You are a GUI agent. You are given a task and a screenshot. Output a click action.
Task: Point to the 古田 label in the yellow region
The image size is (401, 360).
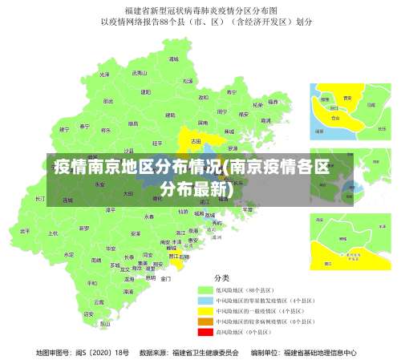[x=196, y=141]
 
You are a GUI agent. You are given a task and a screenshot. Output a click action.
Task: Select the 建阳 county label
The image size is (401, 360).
[x=145, y=92]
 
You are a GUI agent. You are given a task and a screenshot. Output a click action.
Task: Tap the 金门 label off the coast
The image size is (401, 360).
[x=166, y=279]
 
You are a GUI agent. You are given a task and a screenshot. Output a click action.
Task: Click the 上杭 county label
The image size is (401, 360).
[x=53, y=233]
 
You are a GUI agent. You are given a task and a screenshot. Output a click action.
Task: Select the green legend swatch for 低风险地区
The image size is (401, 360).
[x=205, y=289]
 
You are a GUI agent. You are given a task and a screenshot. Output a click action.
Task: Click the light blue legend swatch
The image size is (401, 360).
[x=205, y=300]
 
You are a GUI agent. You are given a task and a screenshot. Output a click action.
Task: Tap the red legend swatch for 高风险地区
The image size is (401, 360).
[x=205, y=331]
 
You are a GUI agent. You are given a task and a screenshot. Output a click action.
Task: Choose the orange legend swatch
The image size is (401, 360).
[x=205, y=321]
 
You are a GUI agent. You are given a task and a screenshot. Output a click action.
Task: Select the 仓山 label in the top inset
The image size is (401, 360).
[x=335, y=117]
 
